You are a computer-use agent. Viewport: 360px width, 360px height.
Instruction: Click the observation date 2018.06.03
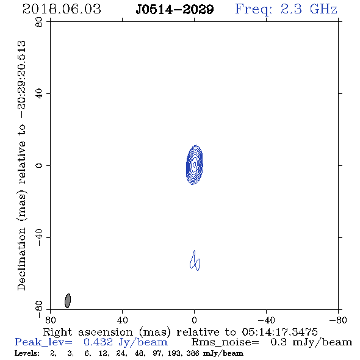[62, 9]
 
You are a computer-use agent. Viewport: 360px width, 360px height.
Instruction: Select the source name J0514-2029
[175, 9]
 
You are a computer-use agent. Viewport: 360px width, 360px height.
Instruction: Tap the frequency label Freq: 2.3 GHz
[286, 10]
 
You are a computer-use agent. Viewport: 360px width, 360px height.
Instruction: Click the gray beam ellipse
[68, 301]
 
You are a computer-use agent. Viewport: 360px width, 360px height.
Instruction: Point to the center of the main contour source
[195, 165]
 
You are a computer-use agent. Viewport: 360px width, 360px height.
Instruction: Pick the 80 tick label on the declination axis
[39, 22]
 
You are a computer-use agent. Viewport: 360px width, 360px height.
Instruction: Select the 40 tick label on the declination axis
[39, 94]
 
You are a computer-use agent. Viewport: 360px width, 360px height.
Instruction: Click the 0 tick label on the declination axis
[39, 165]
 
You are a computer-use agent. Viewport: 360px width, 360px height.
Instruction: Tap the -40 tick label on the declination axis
[39, 237]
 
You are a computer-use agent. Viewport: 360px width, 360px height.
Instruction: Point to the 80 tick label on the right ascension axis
[50, 320]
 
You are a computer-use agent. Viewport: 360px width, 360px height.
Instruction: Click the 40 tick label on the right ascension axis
[122, 320]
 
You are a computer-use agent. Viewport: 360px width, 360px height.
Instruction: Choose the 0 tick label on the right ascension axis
[194, 320]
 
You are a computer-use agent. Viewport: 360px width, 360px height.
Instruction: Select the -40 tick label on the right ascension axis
[266, 320]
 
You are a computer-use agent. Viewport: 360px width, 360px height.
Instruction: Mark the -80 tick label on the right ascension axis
[338, 320]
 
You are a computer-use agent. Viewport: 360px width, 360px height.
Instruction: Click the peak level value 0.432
[98, 342]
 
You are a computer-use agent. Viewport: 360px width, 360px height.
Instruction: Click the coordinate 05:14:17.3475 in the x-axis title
[279, 332]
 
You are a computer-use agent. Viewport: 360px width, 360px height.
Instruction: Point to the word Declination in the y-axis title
[21, 259]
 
